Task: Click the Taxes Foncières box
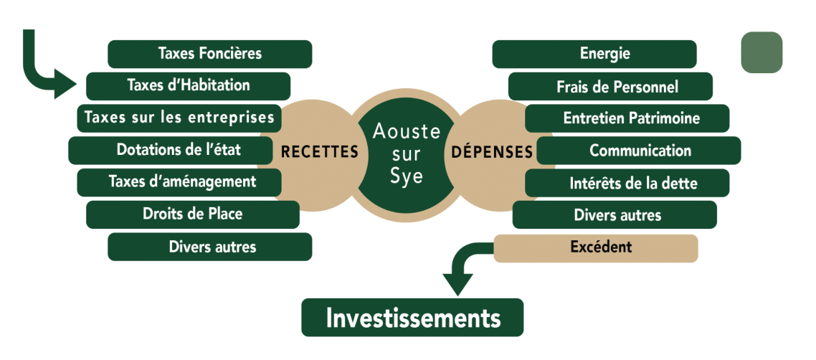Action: pyautogui.click(x=209, y=54)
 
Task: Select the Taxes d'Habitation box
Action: pyautogui.click(x=188, y=85)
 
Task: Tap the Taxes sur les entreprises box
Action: pyautogui.click(x=179, y=118)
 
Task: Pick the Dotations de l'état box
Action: pyautogui.click(x=179, y=150)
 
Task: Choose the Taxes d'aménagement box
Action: pyautogui.click(x=182, y=181)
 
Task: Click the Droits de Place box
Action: pyautogui.click(x=192, y=214)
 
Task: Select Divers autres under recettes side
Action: pyautogui.click(x=209, y=247)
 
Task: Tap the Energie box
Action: pyautogui.click(x=594, y=54)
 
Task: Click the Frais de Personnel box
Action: pyautogui.click(x=610, y=86)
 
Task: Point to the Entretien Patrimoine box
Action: pyautogui.click(x=627, y=118)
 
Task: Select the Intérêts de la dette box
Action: pyautogui.click(x=627, y=182)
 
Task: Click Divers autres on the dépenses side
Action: pyautogui.click(x=615, y=214)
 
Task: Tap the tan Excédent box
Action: pyautogui.click(x=595, y=247)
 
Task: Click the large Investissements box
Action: pyautogui.click(x=412, y=318)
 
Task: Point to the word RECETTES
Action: pyautogui.click(x=319, y=152)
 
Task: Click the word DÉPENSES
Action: pyautogui.click(x=492, y=152)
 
